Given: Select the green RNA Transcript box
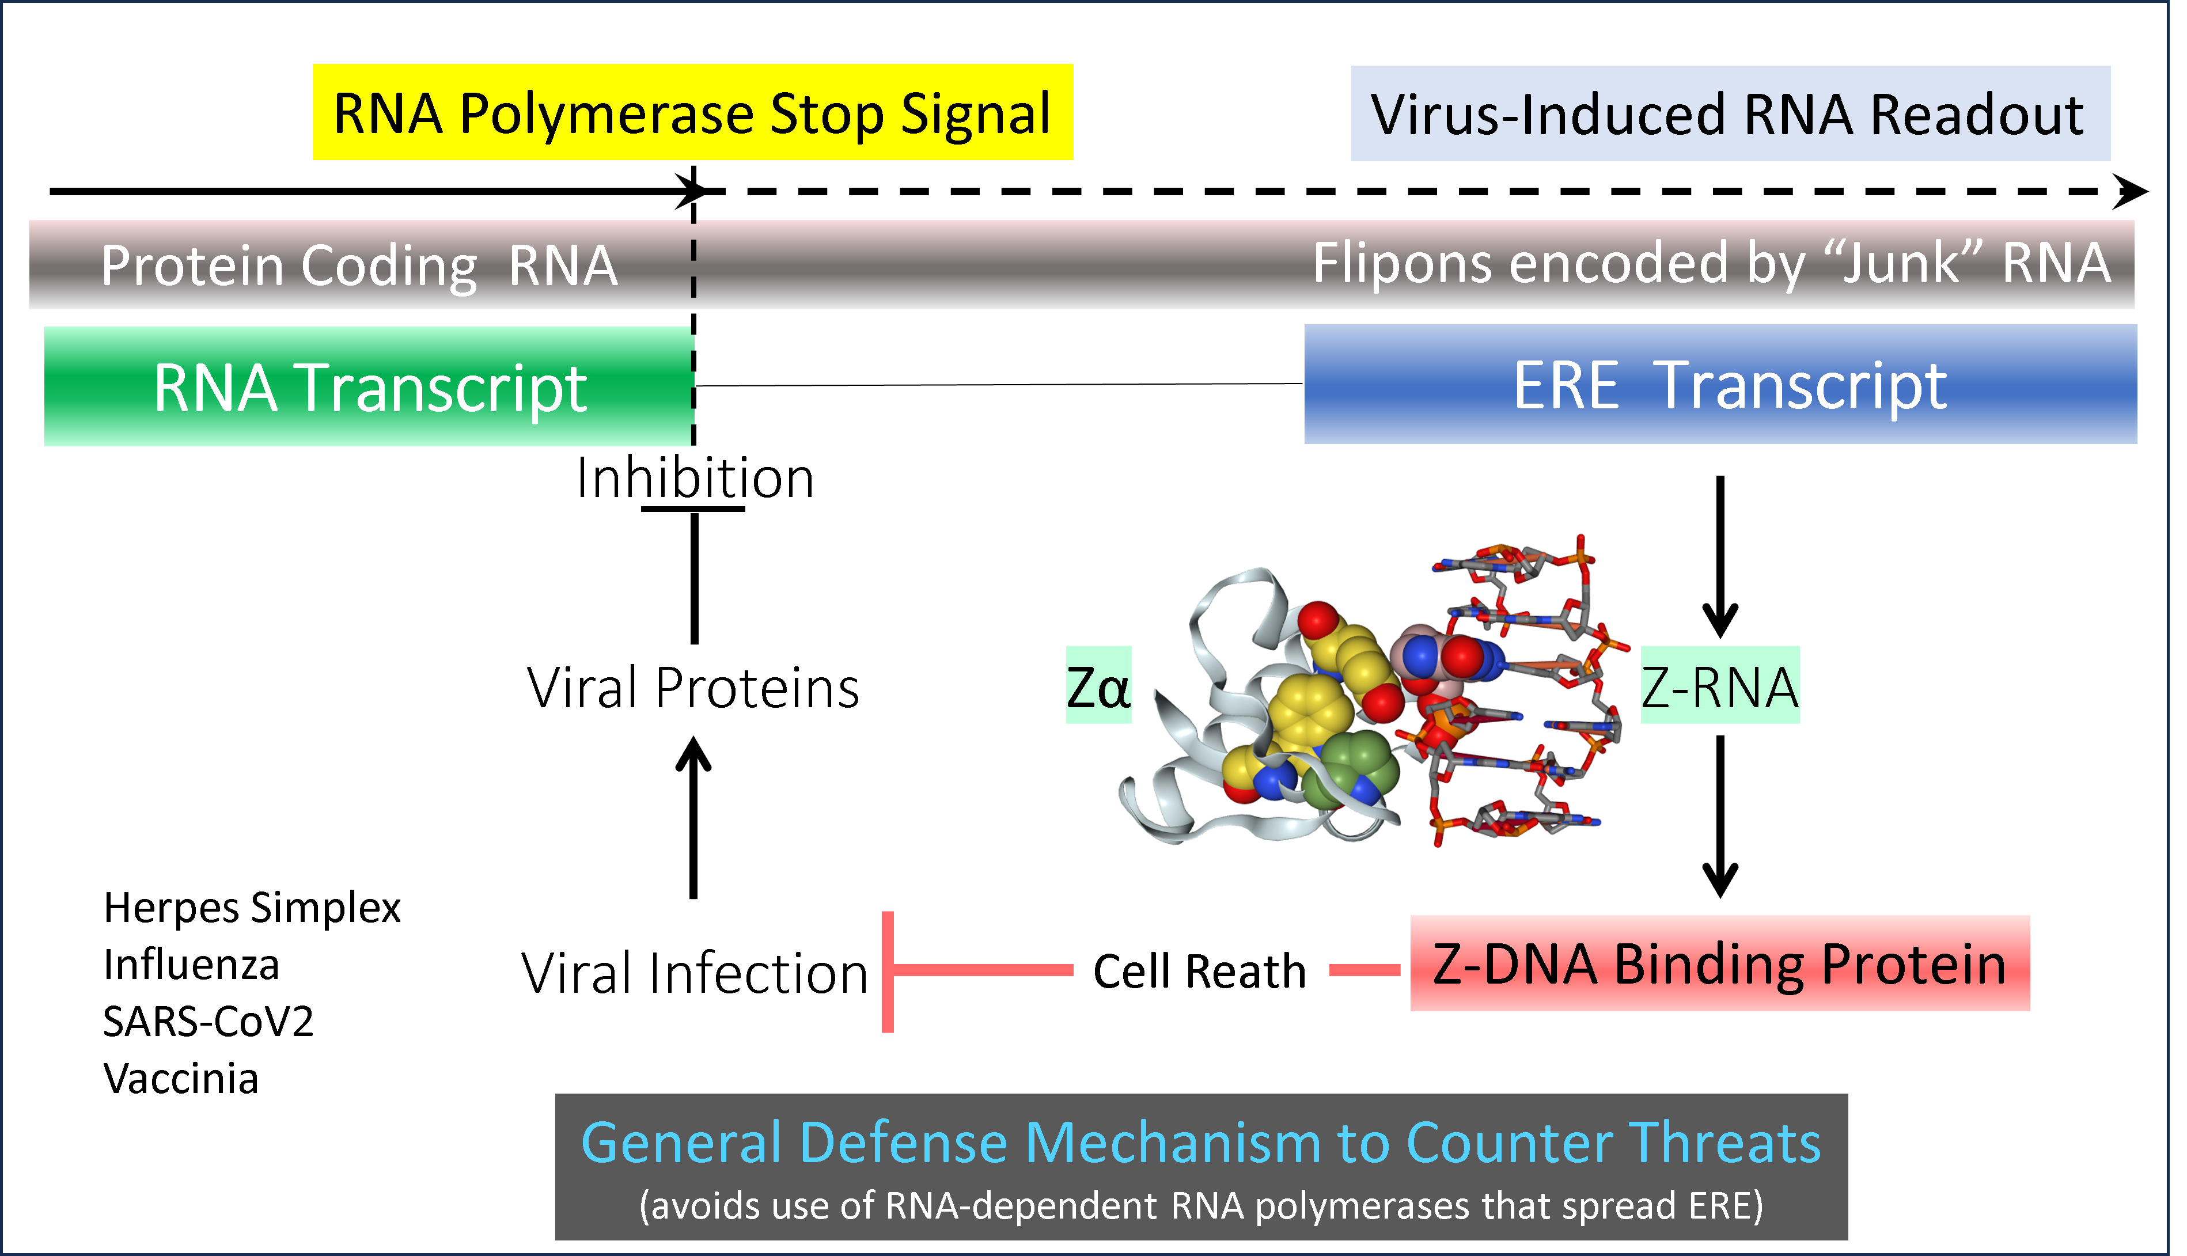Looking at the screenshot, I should click(369, 386).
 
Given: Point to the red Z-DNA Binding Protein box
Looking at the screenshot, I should click(1719, 963).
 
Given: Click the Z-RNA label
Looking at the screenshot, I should click(1719, 686).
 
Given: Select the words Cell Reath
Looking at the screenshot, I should click(1199, 972).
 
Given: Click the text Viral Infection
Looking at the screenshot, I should click(695, 973).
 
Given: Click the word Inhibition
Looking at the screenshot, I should click(695, 478).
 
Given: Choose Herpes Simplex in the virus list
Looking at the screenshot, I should click(252, 908).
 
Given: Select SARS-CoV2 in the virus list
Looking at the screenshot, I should click(208, 1022).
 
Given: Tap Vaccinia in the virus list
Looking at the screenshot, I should click(181, 1078).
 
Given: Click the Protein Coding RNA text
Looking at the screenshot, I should click(359, 265).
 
